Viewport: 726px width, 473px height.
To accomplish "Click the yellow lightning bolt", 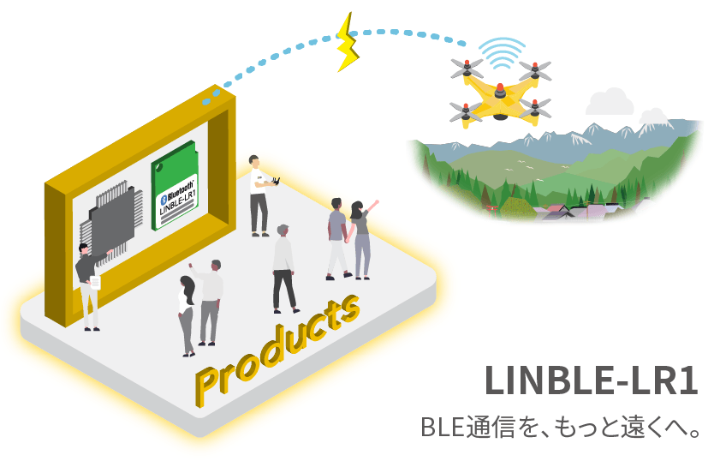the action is click(348, 42).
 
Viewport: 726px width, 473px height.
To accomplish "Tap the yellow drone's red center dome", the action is click(500, 90).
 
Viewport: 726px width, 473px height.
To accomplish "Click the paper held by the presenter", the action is click(95, 282).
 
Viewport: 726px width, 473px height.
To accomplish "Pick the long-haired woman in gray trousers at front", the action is click(187, 316).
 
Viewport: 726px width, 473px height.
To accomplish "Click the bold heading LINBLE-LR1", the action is click(592, 380).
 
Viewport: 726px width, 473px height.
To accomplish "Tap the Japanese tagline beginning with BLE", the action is click(560, 427).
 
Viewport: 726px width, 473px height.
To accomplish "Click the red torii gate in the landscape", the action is click(492, 209).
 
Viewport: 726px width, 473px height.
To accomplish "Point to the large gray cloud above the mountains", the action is click(610, 102).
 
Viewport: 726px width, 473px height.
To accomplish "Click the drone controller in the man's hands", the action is click(277, 181).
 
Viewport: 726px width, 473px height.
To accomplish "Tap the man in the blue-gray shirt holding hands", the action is click(338, 239).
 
